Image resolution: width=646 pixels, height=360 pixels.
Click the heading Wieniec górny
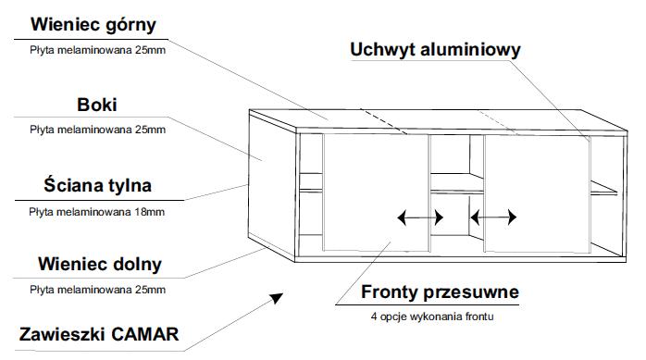coord(93,24)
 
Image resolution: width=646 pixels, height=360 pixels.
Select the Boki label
coord(97,105)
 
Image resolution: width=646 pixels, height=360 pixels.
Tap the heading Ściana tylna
coord(98,184)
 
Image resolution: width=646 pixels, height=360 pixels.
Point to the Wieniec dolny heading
coord(100,264)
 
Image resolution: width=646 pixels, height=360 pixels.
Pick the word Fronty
coord(390,292)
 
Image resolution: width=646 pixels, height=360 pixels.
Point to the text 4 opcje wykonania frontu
coord(432,317)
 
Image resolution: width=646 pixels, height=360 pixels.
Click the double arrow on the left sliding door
coord(420,217)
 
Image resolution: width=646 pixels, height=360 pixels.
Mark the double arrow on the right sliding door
coord(493,217)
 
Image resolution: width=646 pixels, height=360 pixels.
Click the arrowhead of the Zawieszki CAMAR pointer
coord(277,298)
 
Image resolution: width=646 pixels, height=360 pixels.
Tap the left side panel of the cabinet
coord(272,185)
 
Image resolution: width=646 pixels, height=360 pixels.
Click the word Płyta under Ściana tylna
coord(42,212)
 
